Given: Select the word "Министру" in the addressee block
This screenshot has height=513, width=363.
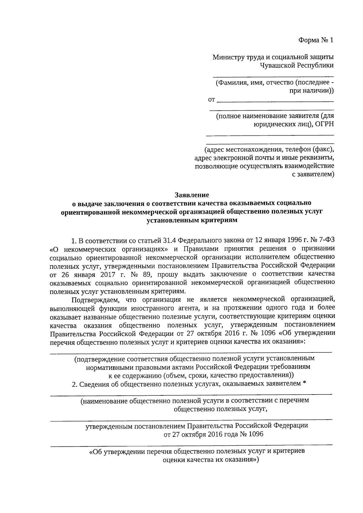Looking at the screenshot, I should click(x=226, y=57).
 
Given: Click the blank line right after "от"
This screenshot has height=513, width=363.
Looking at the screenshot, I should click(x=275, y=100).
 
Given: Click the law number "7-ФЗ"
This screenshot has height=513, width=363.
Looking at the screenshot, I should click(x=327, y=241).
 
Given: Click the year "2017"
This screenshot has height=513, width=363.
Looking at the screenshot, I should click(x=102, y=274).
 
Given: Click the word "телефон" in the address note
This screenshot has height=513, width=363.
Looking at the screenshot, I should click(x=296, y=149).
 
